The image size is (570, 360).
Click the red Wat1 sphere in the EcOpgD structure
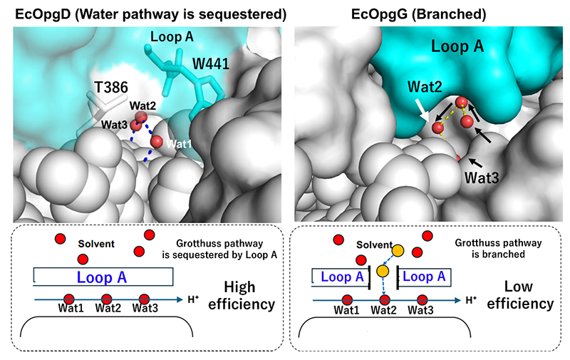[157, 140]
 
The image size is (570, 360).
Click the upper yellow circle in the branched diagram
[398, 250]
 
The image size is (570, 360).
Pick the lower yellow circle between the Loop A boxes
[383, 272]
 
